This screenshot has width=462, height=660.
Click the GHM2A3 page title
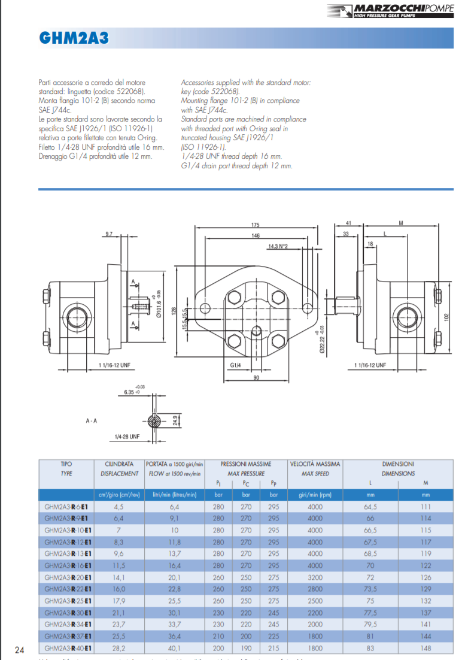tap(74, 38)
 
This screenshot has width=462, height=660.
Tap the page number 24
tap(19, 650)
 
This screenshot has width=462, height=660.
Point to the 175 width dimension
tap(256, 225)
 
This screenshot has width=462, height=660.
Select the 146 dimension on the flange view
tap(256, 236)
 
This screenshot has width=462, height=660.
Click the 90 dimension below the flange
tap(256, 378)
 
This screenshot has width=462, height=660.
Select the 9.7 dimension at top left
tap(108, 232)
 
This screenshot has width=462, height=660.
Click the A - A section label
tap(92, 421)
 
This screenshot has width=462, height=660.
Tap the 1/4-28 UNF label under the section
tap(126, 437)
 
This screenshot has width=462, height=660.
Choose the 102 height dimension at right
tap(445, 316)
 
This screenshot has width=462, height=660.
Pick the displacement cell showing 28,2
tap(118, 649)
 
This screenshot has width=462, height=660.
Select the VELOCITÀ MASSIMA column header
tap(315, 464)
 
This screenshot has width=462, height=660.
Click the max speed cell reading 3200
tap(315, 577)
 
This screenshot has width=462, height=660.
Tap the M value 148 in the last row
tap(426, 649)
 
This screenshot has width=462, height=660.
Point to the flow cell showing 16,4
tap(175, 565)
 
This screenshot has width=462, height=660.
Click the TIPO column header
tap(66, 464)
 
